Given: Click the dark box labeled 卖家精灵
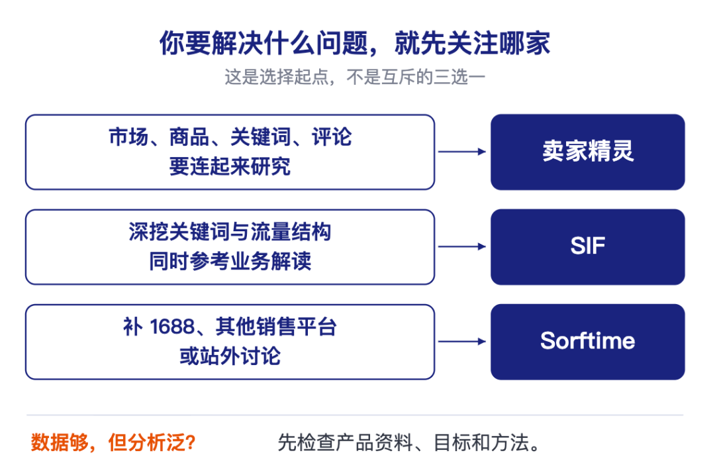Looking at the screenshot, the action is [587, 152].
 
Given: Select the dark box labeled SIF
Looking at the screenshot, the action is [587, 247].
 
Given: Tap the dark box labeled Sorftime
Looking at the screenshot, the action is [587, 342].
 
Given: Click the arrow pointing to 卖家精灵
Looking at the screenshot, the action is [462, 152].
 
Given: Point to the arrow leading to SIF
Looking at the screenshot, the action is [462, 246].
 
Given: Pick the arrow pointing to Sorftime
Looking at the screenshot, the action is [462, 341].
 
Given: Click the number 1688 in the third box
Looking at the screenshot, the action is [172, 327].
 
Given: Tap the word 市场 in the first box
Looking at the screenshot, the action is [128, 137].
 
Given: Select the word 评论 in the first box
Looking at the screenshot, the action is [332, 137].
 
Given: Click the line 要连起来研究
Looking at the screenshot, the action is [230, 166].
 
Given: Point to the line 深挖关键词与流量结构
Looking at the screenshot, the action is [230, 232].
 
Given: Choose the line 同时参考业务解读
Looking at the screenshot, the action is [230, 261].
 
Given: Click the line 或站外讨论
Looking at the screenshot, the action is [230, 356].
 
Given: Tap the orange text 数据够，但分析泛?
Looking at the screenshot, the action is [113, 442].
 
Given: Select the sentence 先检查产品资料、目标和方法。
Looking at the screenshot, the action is [409, 443].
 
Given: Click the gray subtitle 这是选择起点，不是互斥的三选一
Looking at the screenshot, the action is [355, 77].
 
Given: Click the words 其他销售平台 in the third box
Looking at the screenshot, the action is [276, 327].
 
